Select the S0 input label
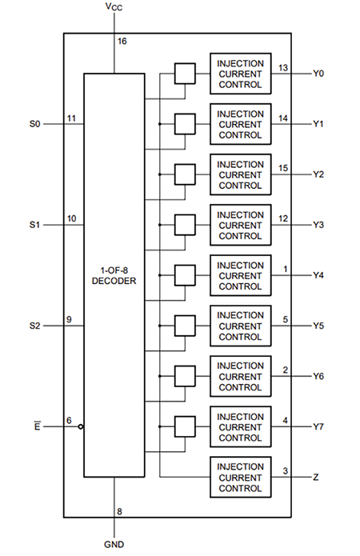point(34,124)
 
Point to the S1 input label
point(34,225)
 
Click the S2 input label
point(34,326)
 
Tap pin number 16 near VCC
point(122,42)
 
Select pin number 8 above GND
point(120,511)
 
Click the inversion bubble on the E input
point(81,427)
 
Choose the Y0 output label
point(319,74)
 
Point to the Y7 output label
point(319,426)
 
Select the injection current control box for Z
point(240,477)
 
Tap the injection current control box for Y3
point(240,225)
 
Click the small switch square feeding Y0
point(185,74)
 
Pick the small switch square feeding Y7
point(185,426)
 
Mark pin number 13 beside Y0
point(282,67)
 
